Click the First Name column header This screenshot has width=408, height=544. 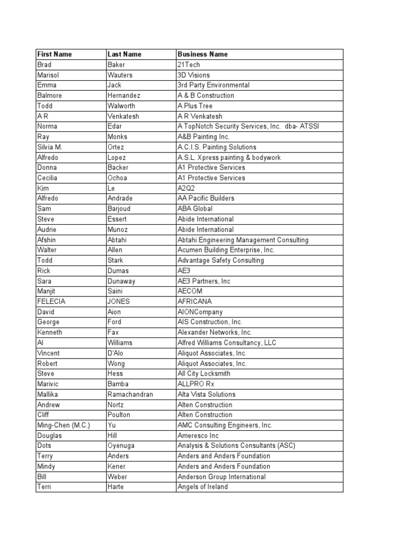(54, 54)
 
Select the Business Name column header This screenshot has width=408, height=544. (202, 54)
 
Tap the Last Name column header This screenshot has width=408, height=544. (124, 54)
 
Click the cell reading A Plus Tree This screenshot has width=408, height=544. (194, 106)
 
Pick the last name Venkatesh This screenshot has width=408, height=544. (124, 116)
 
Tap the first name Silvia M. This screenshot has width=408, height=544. (50, 147)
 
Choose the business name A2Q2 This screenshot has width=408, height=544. (186, 188)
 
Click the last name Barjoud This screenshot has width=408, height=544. (120, 209)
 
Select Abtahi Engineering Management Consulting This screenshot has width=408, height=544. (242, 240)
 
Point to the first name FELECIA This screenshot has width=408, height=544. (51, 302)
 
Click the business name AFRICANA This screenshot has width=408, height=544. (194, 302)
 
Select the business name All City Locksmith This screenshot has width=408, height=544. (203, 373)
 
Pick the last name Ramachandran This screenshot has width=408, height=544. (130, 394)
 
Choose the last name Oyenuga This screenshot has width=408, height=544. (122, 446)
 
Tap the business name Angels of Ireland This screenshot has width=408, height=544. (202, 487)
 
